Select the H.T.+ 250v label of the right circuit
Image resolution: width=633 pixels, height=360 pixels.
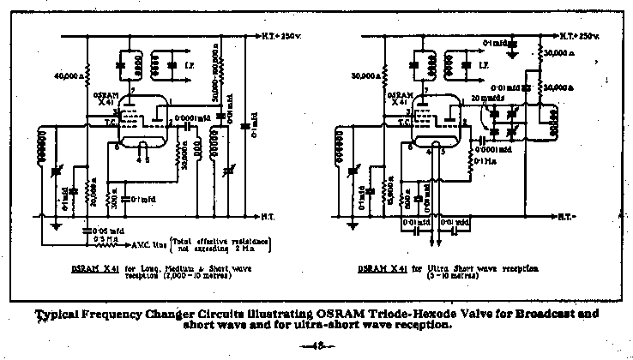[x=580, y=39]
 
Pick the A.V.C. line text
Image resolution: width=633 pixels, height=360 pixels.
[x=143, y=243]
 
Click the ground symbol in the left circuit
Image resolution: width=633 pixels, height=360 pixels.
[x=55, y=226]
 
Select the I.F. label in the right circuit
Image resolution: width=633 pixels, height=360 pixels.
[x=485, y=64]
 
